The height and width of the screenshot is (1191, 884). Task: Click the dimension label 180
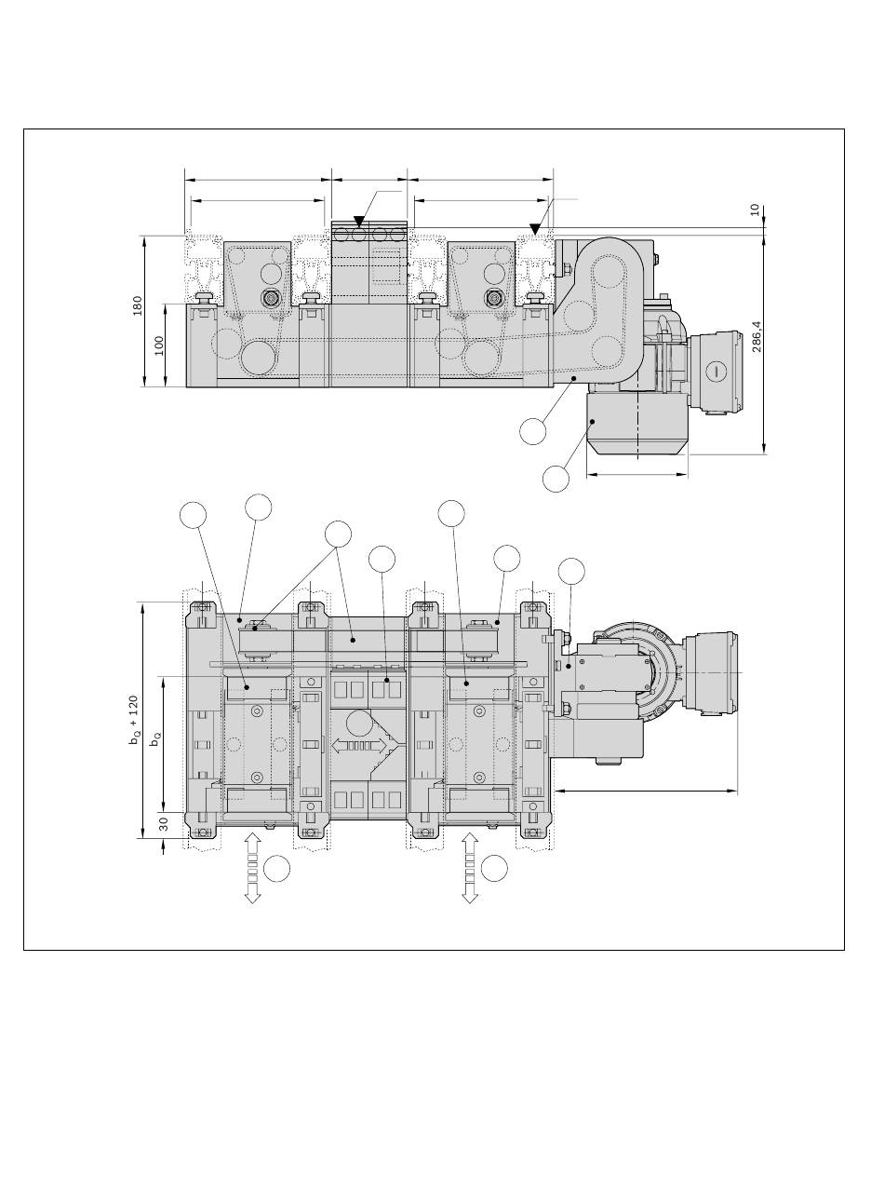pos(138,305)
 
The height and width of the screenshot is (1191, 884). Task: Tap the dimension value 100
pos(159,345)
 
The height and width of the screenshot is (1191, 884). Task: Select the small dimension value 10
pos(755,210)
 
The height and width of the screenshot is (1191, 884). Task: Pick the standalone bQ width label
pos(155,738)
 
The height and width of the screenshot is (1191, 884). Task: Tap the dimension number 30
pos(165,824)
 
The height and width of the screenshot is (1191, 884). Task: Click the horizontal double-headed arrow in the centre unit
pos(360,745)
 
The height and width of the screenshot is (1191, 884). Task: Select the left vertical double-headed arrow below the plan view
pos(253,868)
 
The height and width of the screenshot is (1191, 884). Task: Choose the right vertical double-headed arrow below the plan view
pos(470,868)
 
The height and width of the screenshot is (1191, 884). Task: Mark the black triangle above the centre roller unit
pos(359,221)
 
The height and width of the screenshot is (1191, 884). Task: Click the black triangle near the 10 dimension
pos(534,229)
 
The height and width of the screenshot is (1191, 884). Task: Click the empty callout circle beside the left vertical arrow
pos(277,868)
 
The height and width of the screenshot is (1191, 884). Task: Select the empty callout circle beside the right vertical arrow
pos(494,868)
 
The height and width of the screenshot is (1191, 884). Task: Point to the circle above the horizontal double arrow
pos(359,724)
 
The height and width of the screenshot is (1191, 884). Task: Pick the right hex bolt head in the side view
pos(494,297)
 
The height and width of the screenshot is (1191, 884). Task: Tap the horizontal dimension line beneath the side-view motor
pos(637,474)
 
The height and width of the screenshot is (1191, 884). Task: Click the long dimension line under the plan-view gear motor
pos(645,791)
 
